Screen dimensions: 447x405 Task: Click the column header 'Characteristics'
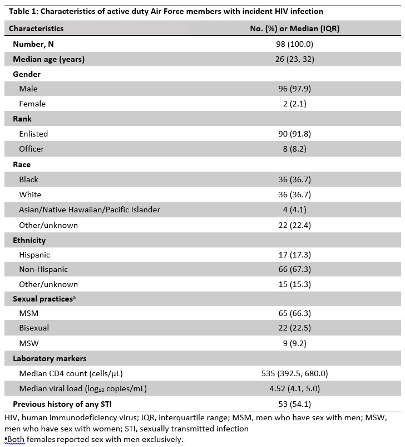pyautogui.click(x=36, y=28)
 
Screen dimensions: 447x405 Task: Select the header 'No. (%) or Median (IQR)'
pyautogui.click(x=295, y=28)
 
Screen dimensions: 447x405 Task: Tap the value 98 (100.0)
pyautogui.click(x=295, y=43)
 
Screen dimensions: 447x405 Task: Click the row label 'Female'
pyautogui.click(x=32, y=104)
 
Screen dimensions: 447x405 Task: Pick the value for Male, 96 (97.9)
pyautogui.click(x=295, y=89)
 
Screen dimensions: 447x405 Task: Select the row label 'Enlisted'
pyautogui.click(x=33, y=134)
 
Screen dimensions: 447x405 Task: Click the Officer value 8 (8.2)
pyautogui.click(x=295, y=149)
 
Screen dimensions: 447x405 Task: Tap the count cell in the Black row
pyautogui.click(x=295, y=179)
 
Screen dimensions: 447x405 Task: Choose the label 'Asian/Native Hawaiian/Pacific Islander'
pyautogui.click(x=90, y=210)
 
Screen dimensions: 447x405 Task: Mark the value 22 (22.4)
pyautogui.click(x=295, y=225)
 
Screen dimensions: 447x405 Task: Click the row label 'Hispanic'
pyautogui.click(x=34, y=255)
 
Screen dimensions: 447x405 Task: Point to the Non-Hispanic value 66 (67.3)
pyautogui.click(x=295, y=269)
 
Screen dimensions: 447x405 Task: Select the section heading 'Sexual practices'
pyautogui.click(x=44, y=299)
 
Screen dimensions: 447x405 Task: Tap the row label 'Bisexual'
pyautogui.click(x=34, y=328)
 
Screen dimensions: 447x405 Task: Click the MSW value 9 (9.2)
pyautogui.click(x=295, y=343)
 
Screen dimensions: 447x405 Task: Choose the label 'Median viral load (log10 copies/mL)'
pyautogui.click(x=83, y=388)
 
